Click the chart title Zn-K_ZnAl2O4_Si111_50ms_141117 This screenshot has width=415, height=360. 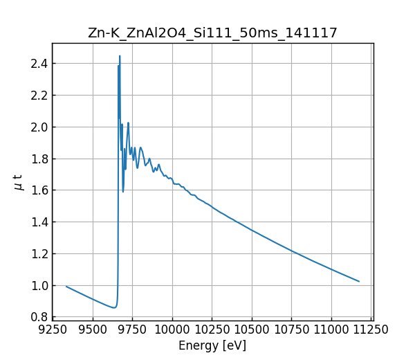click(212, 33)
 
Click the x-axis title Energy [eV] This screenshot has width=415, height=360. click(212, 345)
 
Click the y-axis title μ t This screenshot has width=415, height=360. click(18, 182)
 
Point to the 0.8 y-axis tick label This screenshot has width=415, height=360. click(39, 317)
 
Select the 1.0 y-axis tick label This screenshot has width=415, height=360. click(39, 285)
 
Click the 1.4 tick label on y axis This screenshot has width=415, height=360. click(39, 222)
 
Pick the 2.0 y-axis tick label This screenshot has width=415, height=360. click(39, 127)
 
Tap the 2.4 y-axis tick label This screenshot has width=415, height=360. click(39, 64)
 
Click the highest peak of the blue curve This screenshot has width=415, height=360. click(120, 56)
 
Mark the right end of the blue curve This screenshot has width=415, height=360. click(359, 281)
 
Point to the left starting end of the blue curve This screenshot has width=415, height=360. click(66, 286)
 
